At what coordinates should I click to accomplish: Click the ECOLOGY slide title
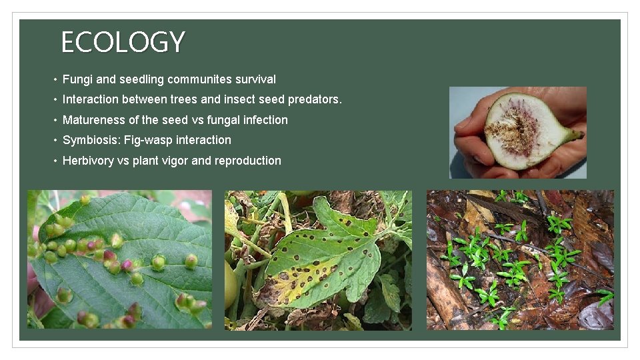point(123,43)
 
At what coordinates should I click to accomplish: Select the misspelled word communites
point(199,79)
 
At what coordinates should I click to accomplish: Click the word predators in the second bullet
point(314,100)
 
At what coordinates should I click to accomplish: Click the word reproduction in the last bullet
point(248,161)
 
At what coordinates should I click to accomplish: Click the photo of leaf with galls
point(119,259)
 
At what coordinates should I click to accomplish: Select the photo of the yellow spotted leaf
point(318,260)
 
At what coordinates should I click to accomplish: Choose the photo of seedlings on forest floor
point(520,260)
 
